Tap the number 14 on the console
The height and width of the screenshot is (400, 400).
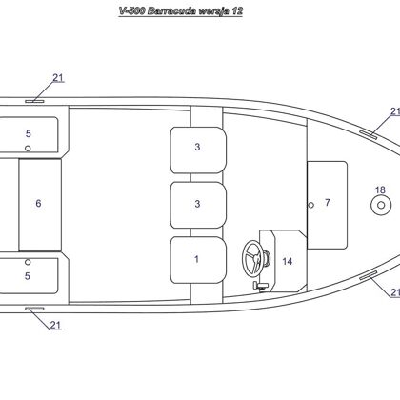[288, 261]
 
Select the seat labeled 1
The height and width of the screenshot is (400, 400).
[198, 260]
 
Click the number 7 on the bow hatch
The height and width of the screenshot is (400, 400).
[328, 202]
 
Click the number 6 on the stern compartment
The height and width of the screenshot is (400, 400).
[38, 203]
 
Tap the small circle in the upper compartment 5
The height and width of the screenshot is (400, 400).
[28, 149]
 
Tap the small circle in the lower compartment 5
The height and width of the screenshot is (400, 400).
[28, 262]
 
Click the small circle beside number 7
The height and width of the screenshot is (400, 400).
[311, 205]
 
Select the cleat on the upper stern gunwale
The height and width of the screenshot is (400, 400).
[34, 101]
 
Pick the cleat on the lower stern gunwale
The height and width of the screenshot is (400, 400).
[34, 309]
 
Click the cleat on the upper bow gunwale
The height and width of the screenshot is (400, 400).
[369, 134]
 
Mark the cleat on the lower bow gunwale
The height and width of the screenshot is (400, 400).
[369, 275]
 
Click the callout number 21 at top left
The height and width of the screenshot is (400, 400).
[58, 78]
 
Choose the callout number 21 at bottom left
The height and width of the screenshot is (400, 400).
[55, 325]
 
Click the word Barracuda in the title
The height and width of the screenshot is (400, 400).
[171, 11]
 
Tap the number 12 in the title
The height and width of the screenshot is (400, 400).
[237, 11]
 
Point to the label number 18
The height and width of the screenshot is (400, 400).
[380, 190]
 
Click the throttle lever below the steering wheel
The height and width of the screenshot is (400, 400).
[261, 286]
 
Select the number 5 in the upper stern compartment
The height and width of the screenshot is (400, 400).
[29, 133]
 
